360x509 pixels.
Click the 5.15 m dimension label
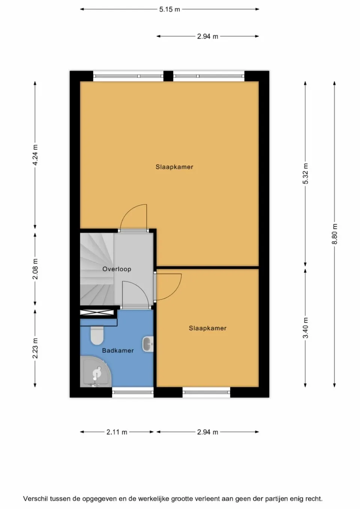(x=169, y=9)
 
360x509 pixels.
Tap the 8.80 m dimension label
(x=335, y=234)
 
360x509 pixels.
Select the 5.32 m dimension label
(x=306, y=174)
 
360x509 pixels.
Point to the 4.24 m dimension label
(x=35, y=155)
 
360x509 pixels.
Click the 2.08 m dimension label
(x=35, y=269)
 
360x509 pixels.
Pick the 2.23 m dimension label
(x=35, y=348)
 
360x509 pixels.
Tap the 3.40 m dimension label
(x=306, y=328)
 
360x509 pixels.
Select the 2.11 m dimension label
(x=117, y=432)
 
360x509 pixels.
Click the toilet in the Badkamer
(x=97, y=335)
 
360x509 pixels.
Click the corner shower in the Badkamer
(x=95, y=372)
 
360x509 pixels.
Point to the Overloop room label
(x=117, y=269)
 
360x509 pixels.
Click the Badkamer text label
(x=118, y=350)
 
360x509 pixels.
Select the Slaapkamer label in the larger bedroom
(x=174, y=167)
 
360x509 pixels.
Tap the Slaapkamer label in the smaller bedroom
(x=207, y=328)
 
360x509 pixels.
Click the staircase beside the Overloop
(x=96, y=268)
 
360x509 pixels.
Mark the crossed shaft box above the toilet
(x=97, y=312)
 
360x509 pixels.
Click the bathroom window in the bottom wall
(x=133, y=392)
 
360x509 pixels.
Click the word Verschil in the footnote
(x=36, y=499)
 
